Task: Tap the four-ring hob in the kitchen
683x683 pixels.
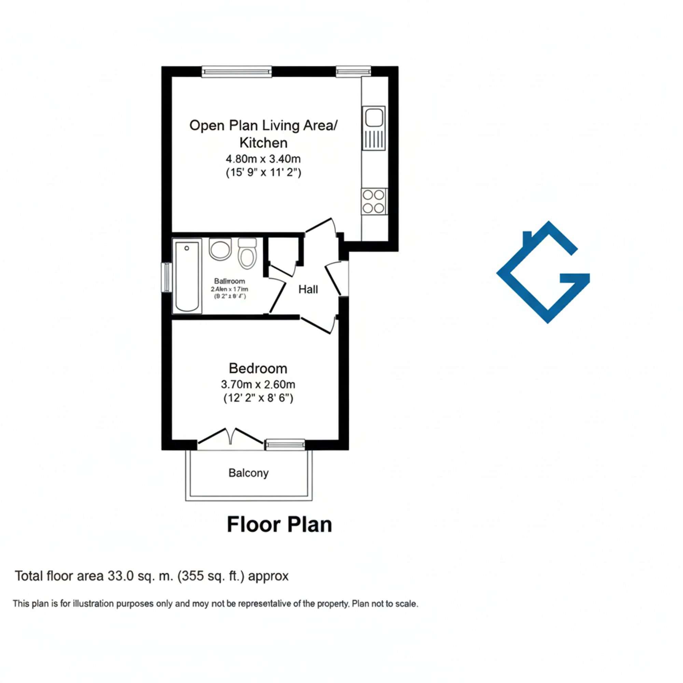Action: pos(374,201)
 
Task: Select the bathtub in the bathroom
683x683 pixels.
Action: pos(187,276)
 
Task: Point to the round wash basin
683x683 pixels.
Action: pos(220,249)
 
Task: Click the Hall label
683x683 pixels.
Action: pos(308,290)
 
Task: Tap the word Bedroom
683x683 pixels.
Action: pos(258,368)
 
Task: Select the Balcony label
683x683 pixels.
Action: pos(249,473)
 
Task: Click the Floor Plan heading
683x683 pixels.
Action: pos(279,525)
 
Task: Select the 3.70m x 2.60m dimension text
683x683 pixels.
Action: pos(258,384)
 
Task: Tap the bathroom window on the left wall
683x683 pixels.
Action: pos(166,278)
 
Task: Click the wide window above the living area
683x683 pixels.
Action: pos(237,72)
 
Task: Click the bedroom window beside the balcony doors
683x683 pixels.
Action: pos(285,444)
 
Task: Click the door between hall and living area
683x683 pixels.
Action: pos(320,226)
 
